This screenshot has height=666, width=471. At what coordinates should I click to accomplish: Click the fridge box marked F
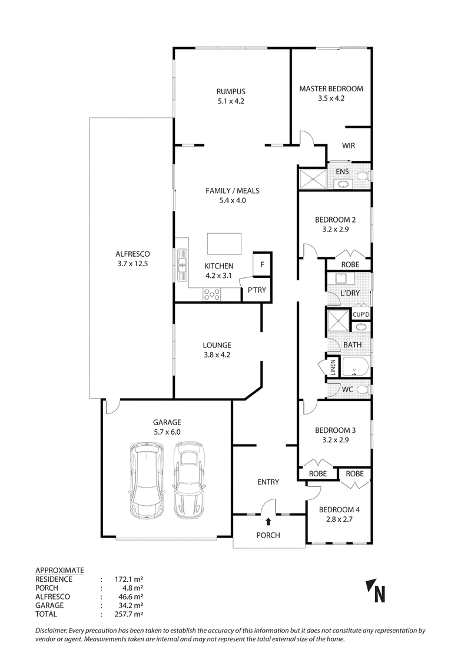[x=262, y=264]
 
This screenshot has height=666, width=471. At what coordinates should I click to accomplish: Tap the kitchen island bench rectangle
[x=224, y=243]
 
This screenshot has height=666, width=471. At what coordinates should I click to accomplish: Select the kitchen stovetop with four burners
[x=211, y=294]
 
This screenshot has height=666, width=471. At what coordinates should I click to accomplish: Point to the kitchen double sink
[x=183, y=264]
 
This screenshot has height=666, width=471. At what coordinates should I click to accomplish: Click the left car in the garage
[x=147, y=481]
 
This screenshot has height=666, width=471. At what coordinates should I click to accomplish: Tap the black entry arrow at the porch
[x=268, y=521]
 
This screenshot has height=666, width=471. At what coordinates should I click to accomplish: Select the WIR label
[x=349, y=145]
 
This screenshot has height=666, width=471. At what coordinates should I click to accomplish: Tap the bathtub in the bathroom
[x=356, y=366]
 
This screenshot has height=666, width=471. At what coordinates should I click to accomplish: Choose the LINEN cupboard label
[x=333, y=368]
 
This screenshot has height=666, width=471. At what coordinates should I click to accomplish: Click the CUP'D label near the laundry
[x=361, y=314]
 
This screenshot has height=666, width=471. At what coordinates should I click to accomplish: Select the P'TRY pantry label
[x=257, y=290]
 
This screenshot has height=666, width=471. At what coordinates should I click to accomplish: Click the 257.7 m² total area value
[x=129, y=614]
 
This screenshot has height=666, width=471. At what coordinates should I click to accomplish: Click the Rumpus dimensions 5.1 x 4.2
[x=231, y=101]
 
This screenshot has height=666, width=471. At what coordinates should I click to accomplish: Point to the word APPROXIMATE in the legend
[x=59, y=571]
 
